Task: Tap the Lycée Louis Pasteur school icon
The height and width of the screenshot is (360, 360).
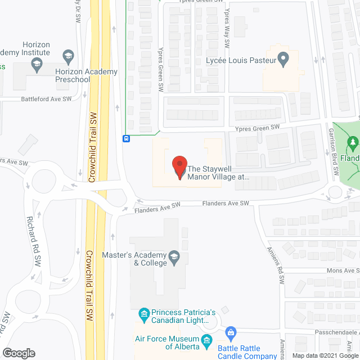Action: [284, 58]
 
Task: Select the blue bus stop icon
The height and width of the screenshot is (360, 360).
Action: [127, 138]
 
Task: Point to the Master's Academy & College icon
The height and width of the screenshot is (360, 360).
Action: [174, 258]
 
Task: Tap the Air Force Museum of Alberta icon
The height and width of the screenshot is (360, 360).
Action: [206, 340]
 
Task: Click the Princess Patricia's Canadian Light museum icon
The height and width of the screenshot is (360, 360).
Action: [144, 313]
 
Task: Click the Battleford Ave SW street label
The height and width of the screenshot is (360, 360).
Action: [46, 98]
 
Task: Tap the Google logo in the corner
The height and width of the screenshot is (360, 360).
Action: [18, 353]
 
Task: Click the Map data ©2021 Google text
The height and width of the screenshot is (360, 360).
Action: [321, 355]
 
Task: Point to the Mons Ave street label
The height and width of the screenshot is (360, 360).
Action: [343, 271]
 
